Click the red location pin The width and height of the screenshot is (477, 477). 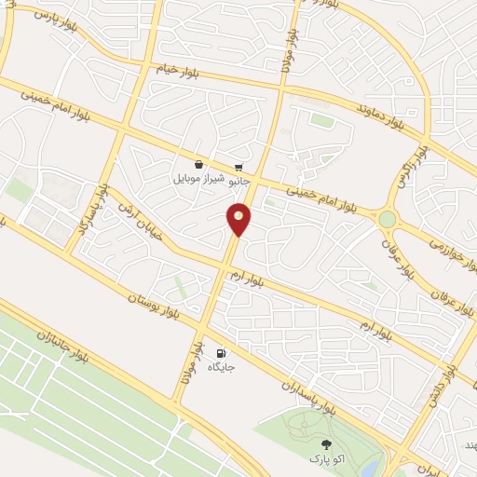coord(238,218)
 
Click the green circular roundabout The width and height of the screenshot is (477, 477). coord(387,220)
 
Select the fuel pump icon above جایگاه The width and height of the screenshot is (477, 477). coord(221,353)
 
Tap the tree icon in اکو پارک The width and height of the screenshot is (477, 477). coord(325,444)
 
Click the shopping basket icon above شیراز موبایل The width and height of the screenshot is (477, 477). coord(199,164)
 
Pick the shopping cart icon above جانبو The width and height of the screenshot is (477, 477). coord(239,166)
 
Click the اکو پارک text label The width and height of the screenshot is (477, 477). coord(325,460)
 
